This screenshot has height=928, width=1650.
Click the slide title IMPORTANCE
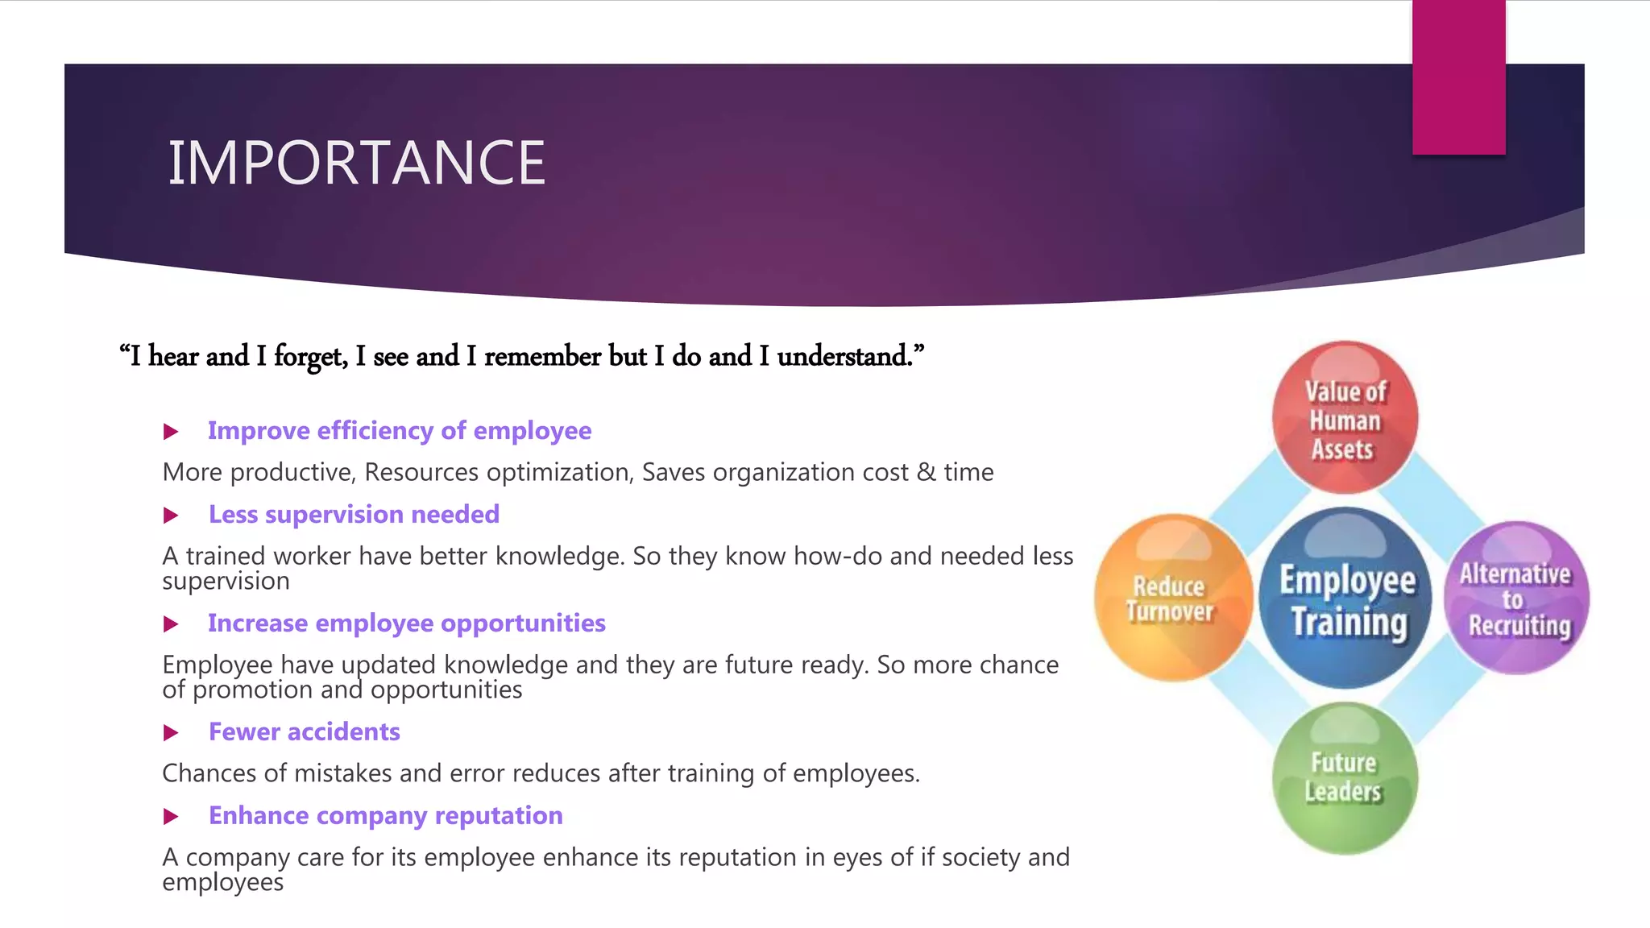(356, 163)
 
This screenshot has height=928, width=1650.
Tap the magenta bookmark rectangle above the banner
(1458, 77)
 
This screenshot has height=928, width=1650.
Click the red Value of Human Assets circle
(1345, 418)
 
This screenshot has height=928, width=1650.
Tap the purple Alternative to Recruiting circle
(1516, 598)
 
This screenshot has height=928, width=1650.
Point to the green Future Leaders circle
(1344, 777)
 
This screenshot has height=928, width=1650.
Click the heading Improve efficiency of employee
(400, 431)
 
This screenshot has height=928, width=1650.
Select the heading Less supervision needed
(354, 515)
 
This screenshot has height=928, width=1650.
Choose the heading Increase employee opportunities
(407, 623)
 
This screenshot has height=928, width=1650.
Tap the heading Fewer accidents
(305, 732)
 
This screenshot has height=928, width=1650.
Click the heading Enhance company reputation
(386, 816)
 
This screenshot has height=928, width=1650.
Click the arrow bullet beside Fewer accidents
(171, 733)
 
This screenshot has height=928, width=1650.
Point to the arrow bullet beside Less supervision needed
(171, 516)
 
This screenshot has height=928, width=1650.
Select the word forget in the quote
(309, 356)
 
